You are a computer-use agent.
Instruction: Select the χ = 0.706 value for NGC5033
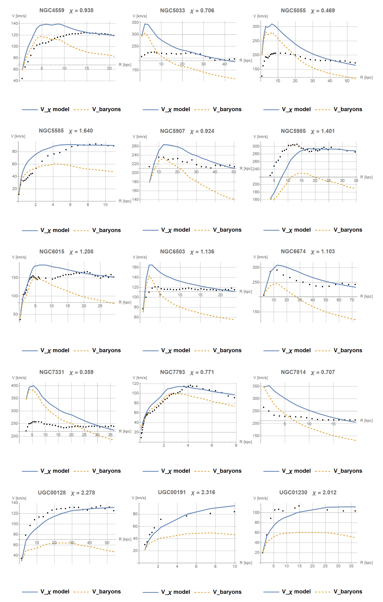pyautogui.click(x=202, y=11)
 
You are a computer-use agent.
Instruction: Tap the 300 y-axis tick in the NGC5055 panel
pyautogui.click(x=256, y=26)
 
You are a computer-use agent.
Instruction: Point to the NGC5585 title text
pyautogui.click(x=51, y=131)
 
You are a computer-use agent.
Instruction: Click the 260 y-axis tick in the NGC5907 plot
pyautogui.click(x=135, y=146)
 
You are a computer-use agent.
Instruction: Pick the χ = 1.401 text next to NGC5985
pyautogui.click(x=323, y=131)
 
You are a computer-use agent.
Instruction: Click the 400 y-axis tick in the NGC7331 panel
pyautogui.click(x=15, y=386)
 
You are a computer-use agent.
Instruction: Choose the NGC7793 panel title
pyautogui.click(x=172, y=372)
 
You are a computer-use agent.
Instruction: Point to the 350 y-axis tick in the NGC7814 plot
pyautogui.click(x=256, y=386)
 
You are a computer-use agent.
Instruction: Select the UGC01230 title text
pyautogui.click(x=293, y=493)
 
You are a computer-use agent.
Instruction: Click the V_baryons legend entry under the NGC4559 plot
pyautogui.click(x=106, y=109)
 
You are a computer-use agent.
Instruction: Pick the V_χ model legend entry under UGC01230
pyautogui.click(x=296, y=591)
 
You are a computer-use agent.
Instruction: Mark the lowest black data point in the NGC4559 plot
pyautogui.click(x=22, y=79)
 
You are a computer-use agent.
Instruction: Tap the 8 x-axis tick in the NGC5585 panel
pyautogui.click(x=88, y=204)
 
